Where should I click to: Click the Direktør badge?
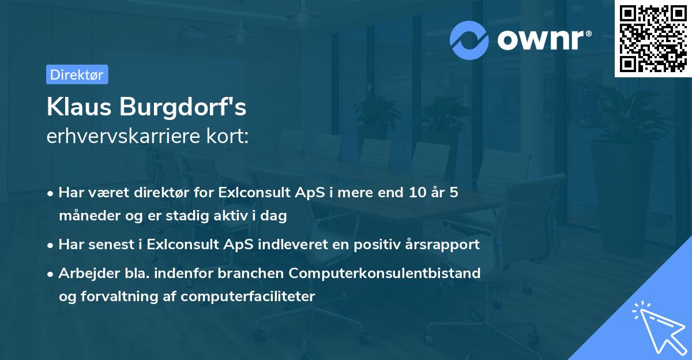click(77, 74)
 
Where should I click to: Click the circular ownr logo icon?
click(469, 40)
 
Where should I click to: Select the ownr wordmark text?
click(543, 40)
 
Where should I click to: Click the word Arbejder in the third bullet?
click(83, 273)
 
